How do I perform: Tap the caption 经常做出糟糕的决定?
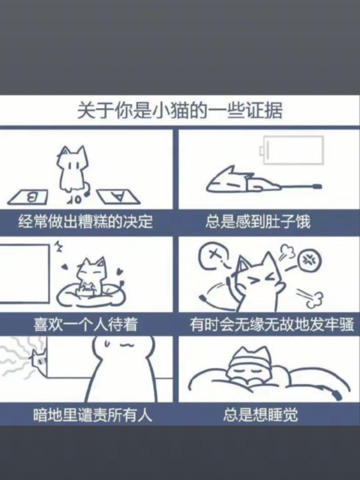[x=85, y=221]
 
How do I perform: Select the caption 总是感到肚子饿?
[x=258, y=221]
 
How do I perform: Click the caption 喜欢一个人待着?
[x=85, y=324]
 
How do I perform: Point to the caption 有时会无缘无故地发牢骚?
[x=272, y=324]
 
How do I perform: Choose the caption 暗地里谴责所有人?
[x=93, y=415]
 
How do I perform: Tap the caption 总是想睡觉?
[x=260, y=415]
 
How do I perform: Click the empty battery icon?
[x=291, y=150]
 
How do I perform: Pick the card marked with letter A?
[x=118, y=197]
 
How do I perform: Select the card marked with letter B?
[x=28, y=197]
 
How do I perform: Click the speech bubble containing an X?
[x=214, y=256]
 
